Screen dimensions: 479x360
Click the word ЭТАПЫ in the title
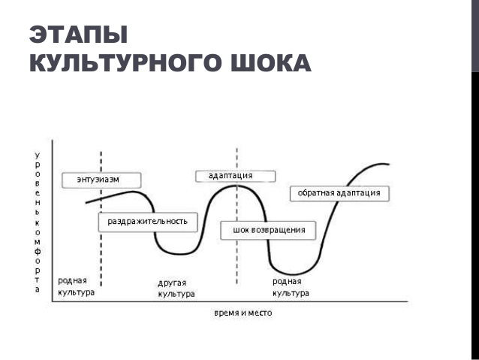(78, 35)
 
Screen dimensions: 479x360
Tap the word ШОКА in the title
(271, 62)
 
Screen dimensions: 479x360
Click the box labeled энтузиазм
(101, 180)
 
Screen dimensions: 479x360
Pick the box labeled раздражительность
(148, 222)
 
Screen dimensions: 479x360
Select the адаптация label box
(235, 176)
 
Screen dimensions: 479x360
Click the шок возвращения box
(268, 230)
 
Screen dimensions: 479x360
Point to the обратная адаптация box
(339, 194)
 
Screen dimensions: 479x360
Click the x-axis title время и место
(243, 313)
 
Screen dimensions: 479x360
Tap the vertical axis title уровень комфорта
(38, 222)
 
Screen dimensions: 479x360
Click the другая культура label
(176, 289)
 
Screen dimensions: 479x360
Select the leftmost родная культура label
(76, 286)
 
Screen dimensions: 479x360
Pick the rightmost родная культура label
(291, 287)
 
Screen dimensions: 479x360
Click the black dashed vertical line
(101, 219)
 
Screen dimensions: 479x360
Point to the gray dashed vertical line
(236, 216)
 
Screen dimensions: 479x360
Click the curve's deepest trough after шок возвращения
(292, 274)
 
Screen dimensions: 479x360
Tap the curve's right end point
(389, 165)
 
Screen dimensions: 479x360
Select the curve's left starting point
(86, 203)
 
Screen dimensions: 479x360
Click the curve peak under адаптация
(236, 186)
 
